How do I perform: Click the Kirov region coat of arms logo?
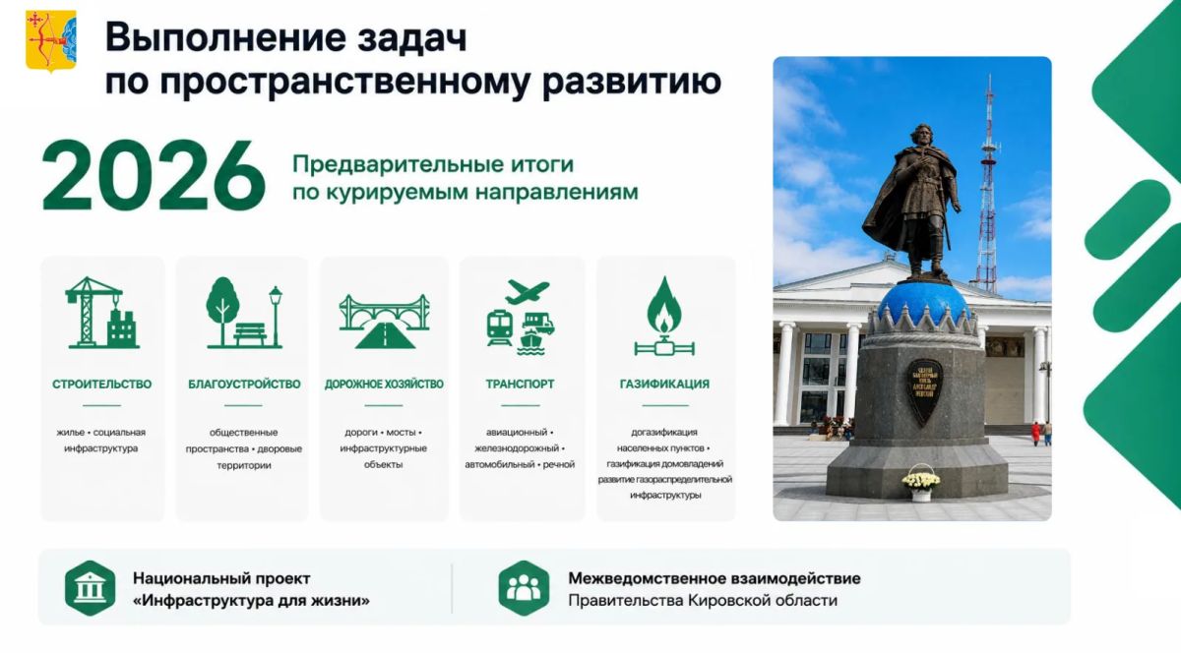(x=51, y=40)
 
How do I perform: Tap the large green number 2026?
(x=154, y=176)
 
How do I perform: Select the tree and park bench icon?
(x=244, y=313)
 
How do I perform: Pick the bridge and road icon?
(x=384, y=321)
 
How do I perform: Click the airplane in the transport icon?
(x=528, y=292)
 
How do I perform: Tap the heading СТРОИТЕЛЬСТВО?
(x=101, y=385)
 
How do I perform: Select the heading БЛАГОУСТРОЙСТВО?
(x=244, y=385)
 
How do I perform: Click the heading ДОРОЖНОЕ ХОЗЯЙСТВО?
(x=384, y=385)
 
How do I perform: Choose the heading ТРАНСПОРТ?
(x=520, y=385)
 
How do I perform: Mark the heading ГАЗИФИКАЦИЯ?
(x=664, y=385)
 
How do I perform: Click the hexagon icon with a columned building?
(x=91, y=588)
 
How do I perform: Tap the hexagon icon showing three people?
(x=524, y=588)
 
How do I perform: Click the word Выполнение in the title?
(x=226, y=38)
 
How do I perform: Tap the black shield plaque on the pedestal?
(x=925, y=391)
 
